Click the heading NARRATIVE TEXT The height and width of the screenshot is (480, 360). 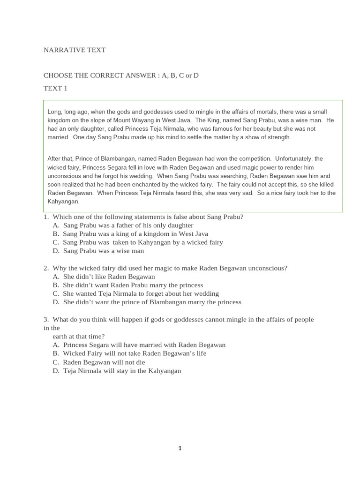click(x=75, y=50)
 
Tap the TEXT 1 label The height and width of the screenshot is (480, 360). click(x=55, y=88)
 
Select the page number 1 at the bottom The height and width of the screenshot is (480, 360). click(x=180, y=449)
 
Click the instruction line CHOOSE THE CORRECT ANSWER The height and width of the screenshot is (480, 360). click(x=121, y=75)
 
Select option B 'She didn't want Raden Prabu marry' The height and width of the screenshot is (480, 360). click(x=133, y=285)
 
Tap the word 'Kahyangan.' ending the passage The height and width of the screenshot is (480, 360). click(x=64, y=202)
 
